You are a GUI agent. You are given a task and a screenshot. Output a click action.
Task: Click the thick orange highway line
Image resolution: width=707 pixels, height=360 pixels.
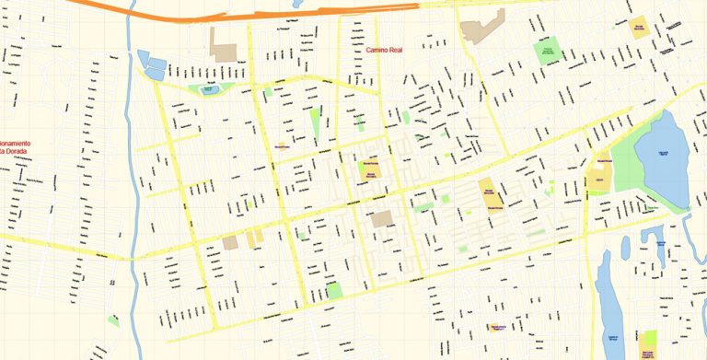[276, 15]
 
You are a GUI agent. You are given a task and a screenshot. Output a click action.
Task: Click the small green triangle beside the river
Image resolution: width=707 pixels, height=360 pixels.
[113, 320]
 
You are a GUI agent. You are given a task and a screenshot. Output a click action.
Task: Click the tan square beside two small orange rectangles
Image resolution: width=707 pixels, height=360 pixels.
[230, 243]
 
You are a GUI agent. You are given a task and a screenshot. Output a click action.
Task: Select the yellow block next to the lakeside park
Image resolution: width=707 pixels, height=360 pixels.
[599, 176]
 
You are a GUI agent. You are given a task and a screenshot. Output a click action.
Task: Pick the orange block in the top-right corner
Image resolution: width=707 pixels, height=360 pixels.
[638, 26]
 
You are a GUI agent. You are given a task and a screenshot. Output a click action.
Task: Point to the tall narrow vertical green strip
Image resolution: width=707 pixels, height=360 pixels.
[316, 124]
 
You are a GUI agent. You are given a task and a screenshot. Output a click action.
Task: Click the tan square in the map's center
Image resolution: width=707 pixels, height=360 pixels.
[381, 219]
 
